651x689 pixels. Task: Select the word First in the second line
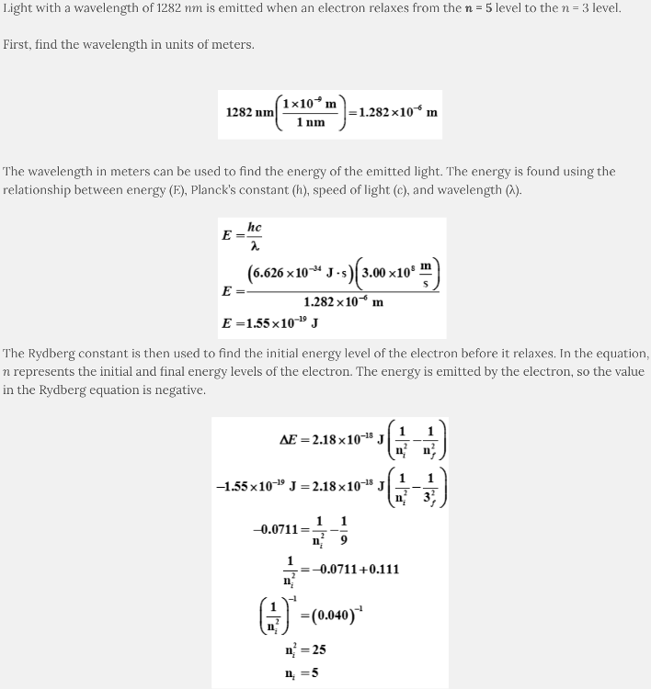[x=17, y=44]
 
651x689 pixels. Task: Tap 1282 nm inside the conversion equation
[x=250, y=112]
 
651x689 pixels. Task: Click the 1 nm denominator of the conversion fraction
[x=310, y=123]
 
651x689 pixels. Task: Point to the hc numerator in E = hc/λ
[x=255, y=227]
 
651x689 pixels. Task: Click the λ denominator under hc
[x=255, y=246]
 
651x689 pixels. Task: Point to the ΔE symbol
[x=291, y=439]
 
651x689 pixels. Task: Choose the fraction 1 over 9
[x=344, y=529]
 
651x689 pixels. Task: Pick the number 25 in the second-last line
[x=316, y=649]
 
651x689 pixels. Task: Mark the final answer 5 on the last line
[x=314, y=672]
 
